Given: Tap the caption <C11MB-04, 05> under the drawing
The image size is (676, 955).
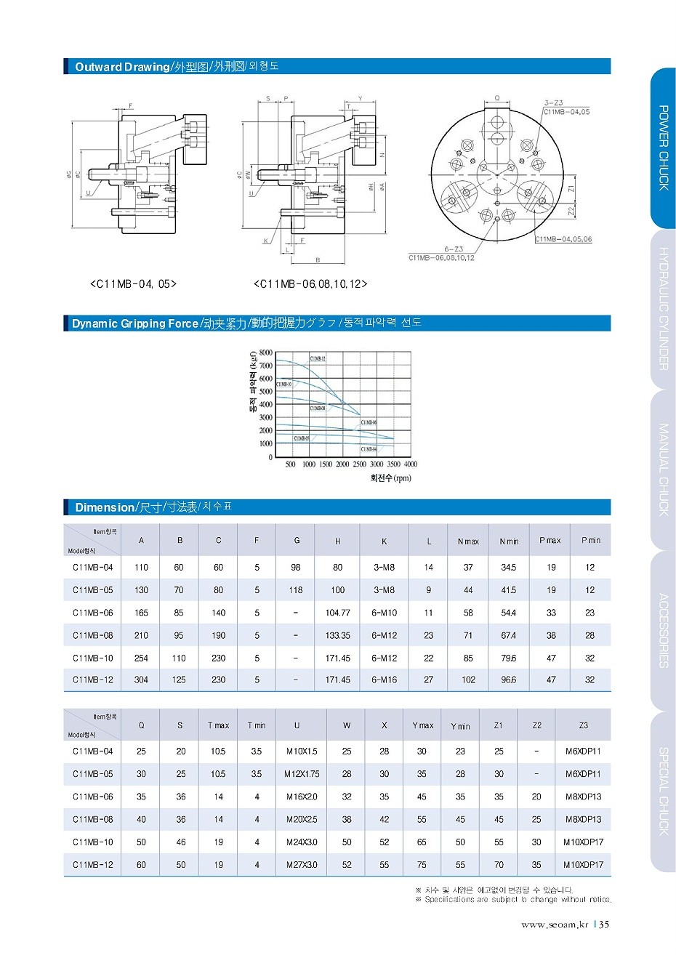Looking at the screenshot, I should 133,283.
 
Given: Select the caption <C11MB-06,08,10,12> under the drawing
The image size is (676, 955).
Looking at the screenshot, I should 310,283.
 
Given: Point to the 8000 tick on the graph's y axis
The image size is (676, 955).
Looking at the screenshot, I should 265,352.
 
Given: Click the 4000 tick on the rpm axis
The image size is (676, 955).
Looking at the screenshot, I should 411,464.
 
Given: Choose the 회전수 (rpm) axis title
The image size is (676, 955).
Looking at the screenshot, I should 390,478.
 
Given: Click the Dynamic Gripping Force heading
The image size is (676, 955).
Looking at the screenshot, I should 135,323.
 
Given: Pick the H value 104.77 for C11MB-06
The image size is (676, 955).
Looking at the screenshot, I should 338,613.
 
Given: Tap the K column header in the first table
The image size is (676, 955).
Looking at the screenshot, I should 384,541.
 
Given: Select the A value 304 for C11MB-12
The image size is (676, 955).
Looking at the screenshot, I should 141,680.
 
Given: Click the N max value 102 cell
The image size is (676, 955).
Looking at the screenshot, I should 468,680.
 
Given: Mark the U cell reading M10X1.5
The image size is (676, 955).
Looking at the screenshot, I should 302,751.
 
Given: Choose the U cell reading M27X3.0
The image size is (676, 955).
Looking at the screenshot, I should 302,865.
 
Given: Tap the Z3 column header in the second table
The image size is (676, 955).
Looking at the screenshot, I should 583,725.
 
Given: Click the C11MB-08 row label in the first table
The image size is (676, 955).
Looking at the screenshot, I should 93,635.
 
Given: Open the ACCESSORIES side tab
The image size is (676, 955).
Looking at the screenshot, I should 663,630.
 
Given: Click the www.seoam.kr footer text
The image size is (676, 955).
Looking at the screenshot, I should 554,924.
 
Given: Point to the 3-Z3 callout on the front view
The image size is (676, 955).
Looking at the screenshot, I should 553,103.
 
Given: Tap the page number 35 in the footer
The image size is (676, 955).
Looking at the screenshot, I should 605,924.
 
